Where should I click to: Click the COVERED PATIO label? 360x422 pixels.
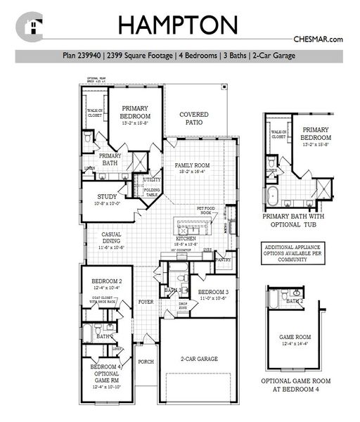(x=195, y=118)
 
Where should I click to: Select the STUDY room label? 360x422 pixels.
(x=107, y=197)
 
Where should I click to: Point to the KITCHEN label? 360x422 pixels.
(x=185, y=239)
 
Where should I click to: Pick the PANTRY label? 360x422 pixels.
(x=224, y=260)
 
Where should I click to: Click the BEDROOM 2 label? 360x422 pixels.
(x=107, y=281)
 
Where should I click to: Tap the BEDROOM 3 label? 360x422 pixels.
(x=213, y=292)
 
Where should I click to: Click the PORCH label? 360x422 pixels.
(x=146, y=362)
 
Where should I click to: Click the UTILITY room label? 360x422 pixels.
(x=152, y=180)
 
